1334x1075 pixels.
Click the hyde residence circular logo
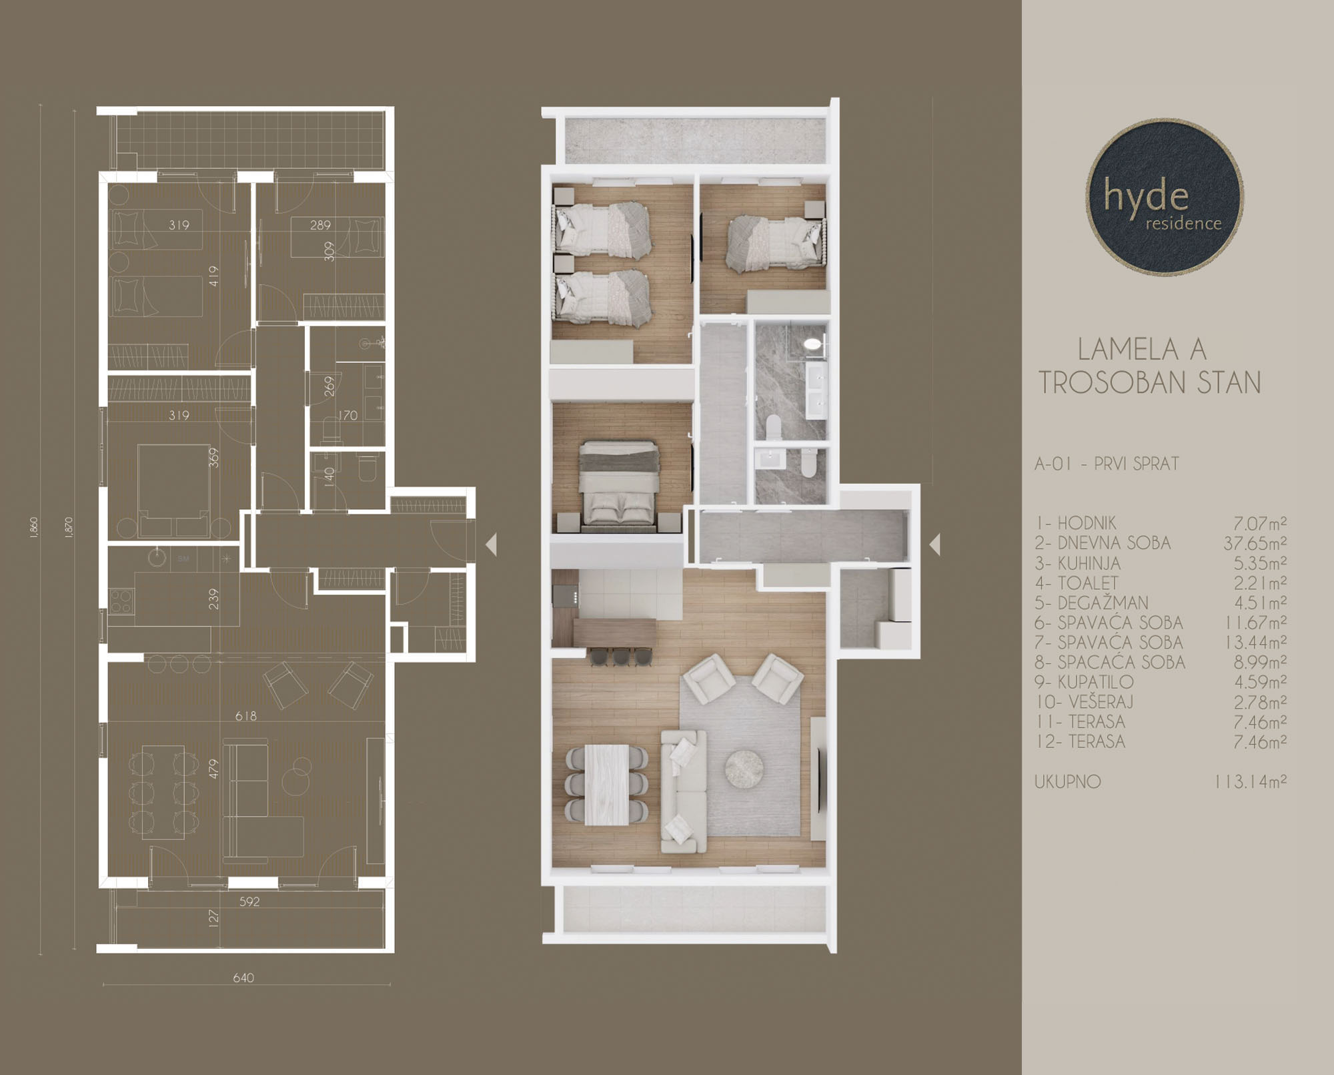coord(1164,198)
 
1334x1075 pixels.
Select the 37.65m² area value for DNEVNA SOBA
coord(1255,543)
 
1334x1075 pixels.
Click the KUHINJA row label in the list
coord(1078,563)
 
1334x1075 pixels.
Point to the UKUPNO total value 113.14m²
coord(1251,781)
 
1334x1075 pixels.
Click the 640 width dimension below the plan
coord(243,978)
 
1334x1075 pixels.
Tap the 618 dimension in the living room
coord(245,716)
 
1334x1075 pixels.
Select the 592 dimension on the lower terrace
coord(249,902)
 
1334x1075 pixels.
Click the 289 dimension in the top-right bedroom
coord(320,225)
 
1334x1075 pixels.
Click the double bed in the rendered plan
coord(619,485)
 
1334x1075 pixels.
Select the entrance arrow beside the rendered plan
coord(935,545)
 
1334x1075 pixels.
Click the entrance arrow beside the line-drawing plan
coord(491,545)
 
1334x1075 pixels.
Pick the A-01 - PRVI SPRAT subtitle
coord(1107,464)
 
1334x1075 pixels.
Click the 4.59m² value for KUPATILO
coord(1260,682)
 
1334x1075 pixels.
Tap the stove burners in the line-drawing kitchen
coord(121,600)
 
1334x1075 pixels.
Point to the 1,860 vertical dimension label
coord(34,527)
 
